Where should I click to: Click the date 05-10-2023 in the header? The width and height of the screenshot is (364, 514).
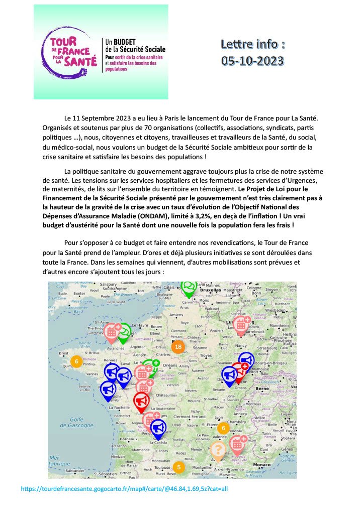click(x=252, y=61)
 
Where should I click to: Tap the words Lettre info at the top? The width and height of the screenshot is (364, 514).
click(x=252, y=44)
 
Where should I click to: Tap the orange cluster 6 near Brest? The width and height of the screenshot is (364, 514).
click(x=75, y=361)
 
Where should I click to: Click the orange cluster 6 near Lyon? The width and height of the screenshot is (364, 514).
click(x=223, y=428)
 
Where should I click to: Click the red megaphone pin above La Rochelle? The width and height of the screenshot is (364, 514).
click(x=141, y=401)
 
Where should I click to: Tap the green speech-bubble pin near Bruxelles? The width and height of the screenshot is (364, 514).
click(x=189, y=287)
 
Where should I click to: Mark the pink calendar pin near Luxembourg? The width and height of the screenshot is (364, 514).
click(x=241, y=324)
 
